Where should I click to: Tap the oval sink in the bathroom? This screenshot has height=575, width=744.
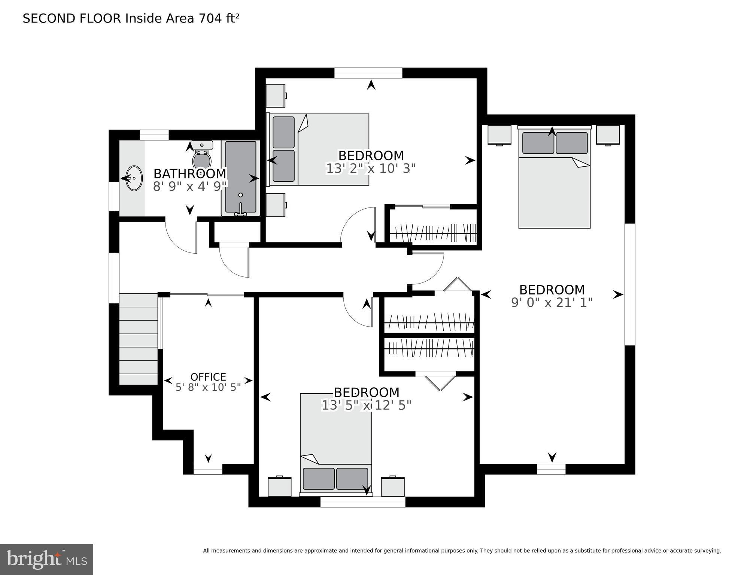(134, 178)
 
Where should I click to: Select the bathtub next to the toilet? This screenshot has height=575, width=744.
(241, 178)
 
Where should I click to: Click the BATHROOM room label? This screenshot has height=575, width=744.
(190, 174)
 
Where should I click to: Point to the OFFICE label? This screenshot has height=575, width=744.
(208, 377)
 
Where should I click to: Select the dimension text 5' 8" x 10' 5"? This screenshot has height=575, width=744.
(208, 387)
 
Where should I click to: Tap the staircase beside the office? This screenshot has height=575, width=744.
(138, 339)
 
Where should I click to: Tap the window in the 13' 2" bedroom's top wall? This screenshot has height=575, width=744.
(368, 73)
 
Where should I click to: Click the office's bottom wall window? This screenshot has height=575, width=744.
(208, 469)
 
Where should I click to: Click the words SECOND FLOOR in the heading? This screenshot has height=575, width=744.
(72, 18)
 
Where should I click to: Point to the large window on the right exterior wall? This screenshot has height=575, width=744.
(630, 284)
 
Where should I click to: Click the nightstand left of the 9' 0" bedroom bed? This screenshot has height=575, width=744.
(499, 135)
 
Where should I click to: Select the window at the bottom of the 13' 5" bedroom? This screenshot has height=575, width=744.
(363, 502)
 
